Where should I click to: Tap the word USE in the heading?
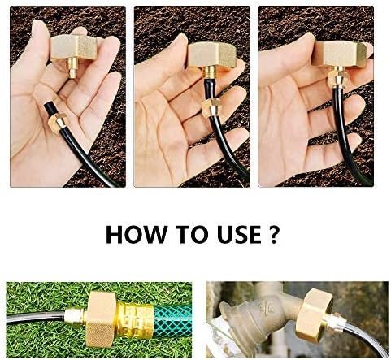(x=239, y=234)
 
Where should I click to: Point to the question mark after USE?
(x=274, y=234)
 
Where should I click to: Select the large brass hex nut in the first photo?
(x=74, y=47)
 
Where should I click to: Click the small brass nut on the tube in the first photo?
(x=57, y=123)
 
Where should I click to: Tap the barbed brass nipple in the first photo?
(x=72, y=68)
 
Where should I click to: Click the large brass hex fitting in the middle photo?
(x=213, y=55)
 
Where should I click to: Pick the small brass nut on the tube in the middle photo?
(x=211, y=108)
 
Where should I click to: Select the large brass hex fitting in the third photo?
(x=339, y=54)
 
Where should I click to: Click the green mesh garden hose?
(x=172, y=320)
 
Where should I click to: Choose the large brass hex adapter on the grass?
(x=101, y=319)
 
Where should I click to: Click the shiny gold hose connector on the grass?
(x=135, y=319)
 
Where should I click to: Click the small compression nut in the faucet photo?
(x=337, y=323)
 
